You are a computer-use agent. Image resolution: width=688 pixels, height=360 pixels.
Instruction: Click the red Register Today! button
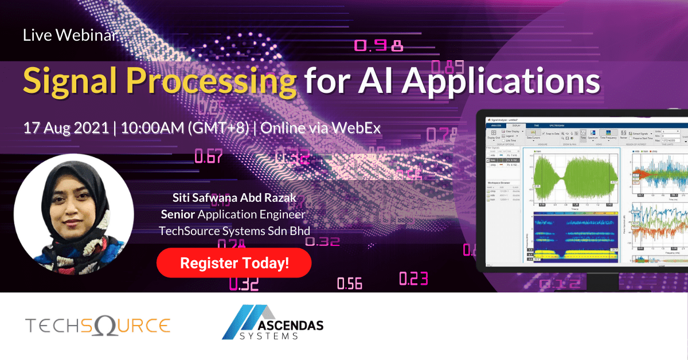coord(234,264)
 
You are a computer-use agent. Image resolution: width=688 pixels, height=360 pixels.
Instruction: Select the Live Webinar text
coord(70,36)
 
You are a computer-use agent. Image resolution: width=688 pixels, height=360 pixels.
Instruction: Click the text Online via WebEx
coord(320,128)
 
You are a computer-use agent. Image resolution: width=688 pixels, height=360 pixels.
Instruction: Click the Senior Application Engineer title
coord(233,214)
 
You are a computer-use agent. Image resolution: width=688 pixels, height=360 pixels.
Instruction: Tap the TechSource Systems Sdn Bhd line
coord(234,230)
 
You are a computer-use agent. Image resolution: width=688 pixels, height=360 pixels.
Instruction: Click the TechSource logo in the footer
coord(98,326)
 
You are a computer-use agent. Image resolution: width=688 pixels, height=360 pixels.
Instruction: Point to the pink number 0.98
coord(378,46)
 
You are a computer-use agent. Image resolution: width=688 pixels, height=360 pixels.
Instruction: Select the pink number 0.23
coord(413,279)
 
